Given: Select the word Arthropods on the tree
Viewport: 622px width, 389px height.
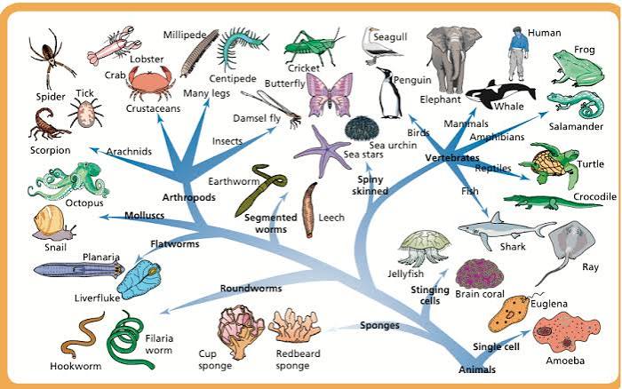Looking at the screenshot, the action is tap(188, 197).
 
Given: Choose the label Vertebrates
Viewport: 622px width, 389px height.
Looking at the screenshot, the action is tap(452, 158).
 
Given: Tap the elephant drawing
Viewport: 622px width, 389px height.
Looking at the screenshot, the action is tap(453, 60).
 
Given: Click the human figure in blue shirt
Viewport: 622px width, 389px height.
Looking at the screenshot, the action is tap(518, 53).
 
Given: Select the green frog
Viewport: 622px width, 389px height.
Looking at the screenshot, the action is tap(578, 67).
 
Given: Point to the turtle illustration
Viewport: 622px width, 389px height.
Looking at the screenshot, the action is tap(549, 163).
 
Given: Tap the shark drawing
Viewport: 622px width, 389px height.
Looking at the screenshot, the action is tap(503, 229).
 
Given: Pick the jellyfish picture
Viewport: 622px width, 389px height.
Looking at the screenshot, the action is tap(424, 248).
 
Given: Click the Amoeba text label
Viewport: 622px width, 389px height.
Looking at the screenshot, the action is tap(565, 361).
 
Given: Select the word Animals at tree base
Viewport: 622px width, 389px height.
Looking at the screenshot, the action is tap(477, 369).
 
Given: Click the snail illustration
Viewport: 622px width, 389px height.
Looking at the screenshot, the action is tap(52, 223).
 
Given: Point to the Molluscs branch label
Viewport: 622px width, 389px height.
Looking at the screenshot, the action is tap(144, 215).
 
